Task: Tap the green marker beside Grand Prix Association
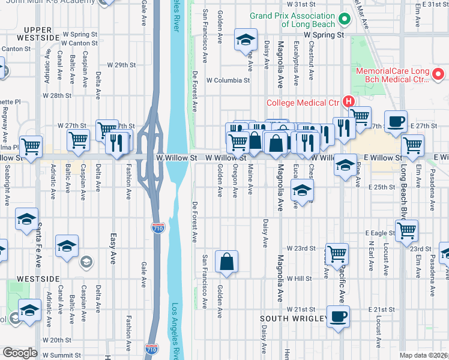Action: (345, 19)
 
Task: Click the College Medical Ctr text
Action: (303, 103)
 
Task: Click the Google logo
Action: (19, 353)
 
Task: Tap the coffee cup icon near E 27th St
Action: (396, 121)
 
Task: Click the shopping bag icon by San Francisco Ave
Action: (226, 261)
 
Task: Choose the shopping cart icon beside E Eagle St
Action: (407, 230)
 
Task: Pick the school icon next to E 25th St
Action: (303, 191)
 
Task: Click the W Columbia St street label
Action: (228, 80)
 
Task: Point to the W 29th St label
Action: (122, 64)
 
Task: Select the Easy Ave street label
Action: (112, 248)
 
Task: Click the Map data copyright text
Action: (424, 355)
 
